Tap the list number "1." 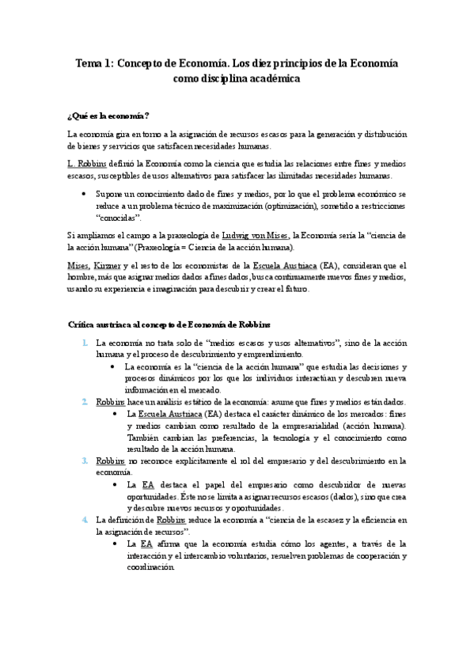tap(85, 343)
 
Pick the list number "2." tap(85, 401)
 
